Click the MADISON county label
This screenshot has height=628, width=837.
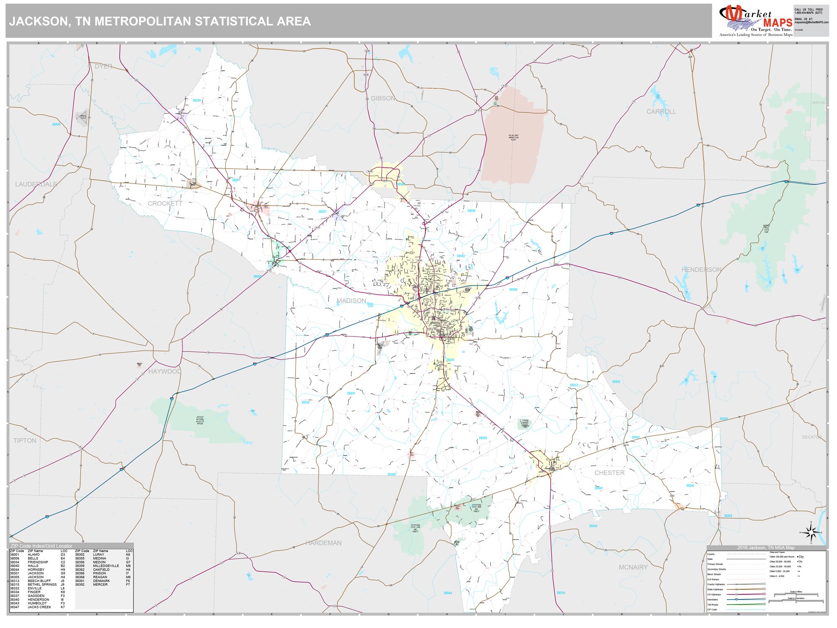click(x=351, y=301)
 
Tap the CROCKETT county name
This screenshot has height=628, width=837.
click(x=165, y=203)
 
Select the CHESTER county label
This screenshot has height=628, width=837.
click(x=609, y=473)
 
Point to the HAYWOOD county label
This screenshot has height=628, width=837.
click(x=164, y=371)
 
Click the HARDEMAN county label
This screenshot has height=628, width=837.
click(x=324, y=543)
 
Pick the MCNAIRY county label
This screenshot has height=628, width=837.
click(x=633, y=567)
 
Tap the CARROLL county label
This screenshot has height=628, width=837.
click(x=661, y=111)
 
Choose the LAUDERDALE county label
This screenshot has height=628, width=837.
click(x=36, y=184)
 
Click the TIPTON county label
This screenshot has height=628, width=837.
click(x=25, y=440)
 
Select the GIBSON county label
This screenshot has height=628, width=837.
click(x=383, y=98)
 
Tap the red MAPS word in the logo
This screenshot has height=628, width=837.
click(x=778, y=23)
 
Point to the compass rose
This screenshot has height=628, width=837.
click(x=811, y=533)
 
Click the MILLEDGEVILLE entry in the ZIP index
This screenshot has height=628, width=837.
click(x=106, y=566)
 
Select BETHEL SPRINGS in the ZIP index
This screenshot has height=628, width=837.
click(x=42, y=584)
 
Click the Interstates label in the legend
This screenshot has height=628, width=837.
click(x=712, y=600)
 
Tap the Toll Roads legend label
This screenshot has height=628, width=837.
click(x=712, y=605)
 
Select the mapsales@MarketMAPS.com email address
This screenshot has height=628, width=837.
click(x=811, y=22)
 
